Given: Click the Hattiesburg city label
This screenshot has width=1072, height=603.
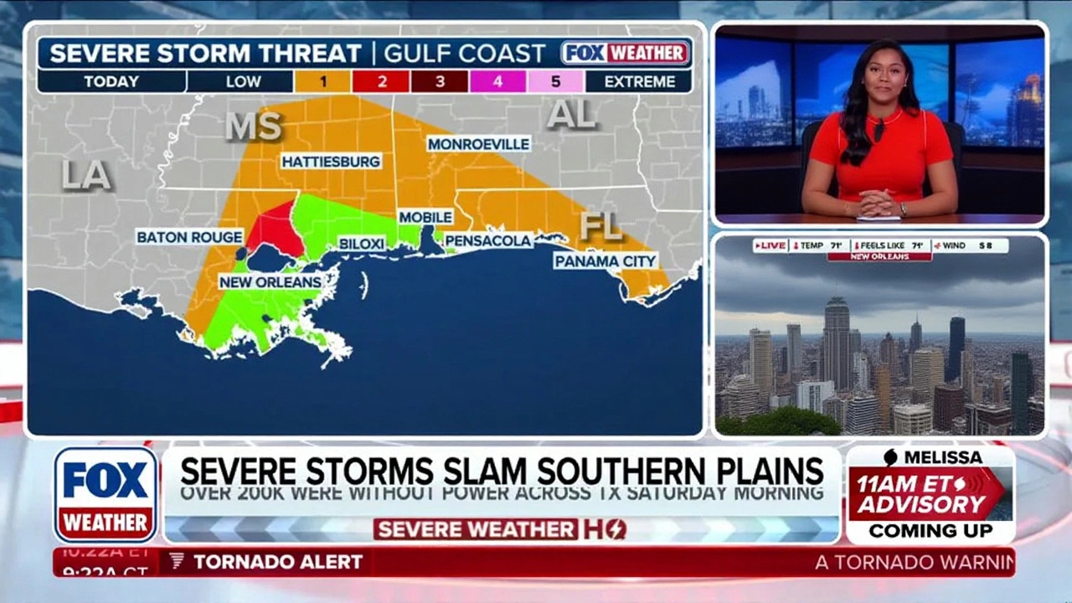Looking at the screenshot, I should point(331,161).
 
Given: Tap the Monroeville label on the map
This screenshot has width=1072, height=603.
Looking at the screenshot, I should point(478,144).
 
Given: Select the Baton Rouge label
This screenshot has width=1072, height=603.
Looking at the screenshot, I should point(189,237).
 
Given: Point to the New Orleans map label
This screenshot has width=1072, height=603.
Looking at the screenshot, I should point(271,282).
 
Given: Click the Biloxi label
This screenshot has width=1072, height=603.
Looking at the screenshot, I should point(361,244).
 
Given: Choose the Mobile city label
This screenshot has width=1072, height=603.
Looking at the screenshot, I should point(425,218).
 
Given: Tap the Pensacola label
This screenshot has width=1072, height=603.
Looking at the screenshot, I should point(488,241).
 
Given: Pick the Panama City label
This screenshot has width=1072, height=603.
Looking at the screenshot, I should point(605,261).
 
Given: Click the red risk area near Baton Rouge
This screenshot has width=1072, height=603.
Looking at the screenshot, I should point(275,229).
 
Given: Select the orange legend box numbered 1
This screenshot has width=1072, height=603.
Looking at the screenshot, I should point(322,81).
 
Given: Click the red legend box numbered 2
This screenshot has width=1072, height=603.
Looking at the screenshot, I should point(381,81).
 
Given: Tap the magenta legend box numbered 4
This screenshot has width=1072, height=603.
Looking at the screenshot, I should point(497,81).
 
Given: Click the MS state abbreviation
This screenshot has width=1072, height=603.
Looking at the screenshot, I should point(253,126).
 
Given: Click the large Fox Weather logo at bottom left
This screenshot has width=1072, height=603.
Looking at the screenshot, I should point(106,494).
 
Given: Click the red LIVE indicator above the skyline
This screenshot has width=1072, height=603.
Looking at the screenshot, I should point(770,245).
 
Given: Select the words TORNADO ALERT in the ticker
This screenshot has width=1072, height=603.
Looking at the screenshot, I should point(278,562).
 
